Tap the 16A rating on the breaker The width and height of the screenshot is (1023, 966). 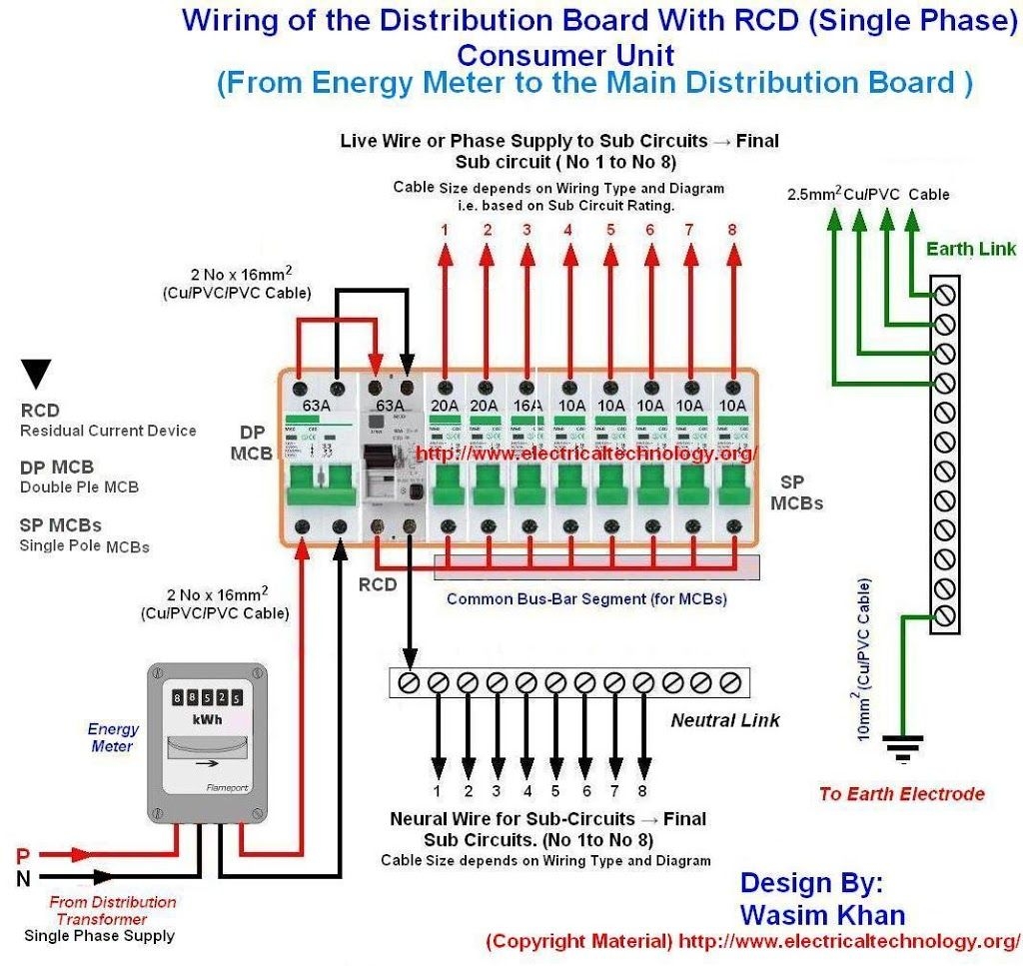click(525, 405)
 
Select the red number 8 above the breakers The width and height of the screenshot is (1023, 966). click(732, 230)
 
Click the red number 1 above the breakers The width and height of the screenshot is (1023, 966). click(445, 230)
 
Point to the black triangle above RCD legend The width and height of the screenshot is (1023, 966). click(37, 374)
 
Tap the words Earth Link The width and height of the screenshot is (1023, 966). click(970, 249)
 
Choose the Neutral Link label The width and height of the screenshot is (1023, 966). click(724, 719)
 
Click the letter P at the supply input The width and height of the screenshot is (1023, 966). click(23, 856)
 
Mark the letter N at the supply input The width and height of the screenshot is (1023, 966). click(23, 879)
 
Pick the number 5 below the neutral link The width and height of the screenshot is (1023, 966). click(556, 790)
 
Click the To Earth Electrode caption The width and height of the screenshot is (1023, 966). click(901, 794)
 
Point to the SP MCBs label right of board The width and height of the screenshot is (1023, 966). click(796, 492)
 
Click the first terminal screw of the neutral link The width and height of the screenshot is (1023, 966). click(409, 682)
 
